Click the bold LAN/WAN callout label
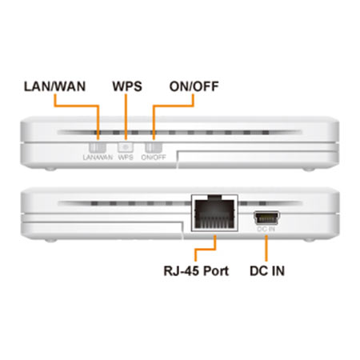point(54,86)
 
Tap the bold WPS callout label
point(127,86)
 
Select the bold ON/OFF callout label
point(194,86)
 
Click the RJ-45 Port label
point(196,270)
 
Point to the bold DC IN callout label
point(267,270)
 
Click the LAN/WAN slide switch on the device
point(98,147)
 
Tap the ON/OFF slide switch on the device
point(154,147)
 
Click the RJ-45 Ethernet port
point(214,213)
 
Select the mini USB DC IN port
point(266,218)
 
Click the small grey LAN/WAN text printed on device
point(98,158)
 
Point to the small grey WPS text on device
point(126,158)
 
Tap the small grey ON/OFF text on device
point(154,158)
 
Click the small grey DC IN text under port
point(266,229)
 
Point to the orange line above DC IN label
point(266,248)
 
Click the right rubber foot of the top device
point(309,169)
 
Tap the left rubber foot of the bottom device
point(50,240)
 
